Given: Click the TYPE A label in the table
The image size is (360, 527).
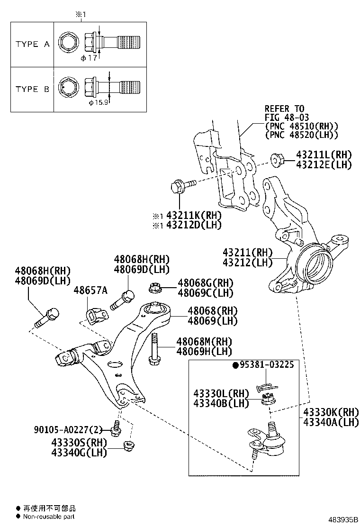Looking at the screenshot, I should [32, 44].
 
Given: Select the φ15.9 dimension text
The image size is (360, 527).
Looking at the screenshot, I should [99, 102].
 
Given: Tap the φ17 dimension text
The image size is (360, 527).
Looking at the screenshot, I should [89, 58].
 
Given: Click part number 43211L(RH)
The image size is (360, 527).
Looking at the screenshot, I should [324, 155].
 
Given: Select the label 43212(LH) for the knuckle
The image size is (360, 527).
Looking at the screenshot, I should [249, 263].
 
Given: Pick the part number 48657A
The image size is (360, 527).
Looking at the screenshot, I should [90, 290].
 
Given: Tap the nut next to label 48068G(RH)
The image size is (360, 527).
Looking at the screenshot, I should [154, 287].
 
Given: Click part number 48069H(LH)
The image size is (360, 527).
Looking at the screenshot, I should [204, 351].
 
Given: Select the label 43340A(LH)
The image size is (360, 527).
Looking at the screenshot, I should [331, 422].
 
